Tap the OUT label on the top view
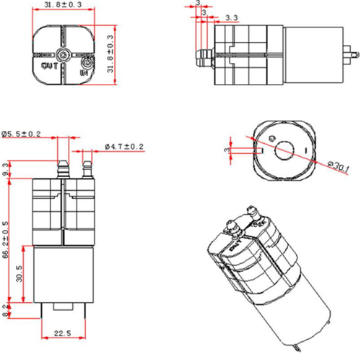point(50,66)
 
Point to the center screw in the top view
point(65,54)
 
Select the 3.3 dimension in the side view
point(232,17)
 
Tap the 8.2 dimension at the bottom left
point(6,310)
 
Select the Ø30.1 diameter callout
point(339,167)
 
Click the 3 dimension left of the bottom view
point(227,148)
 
